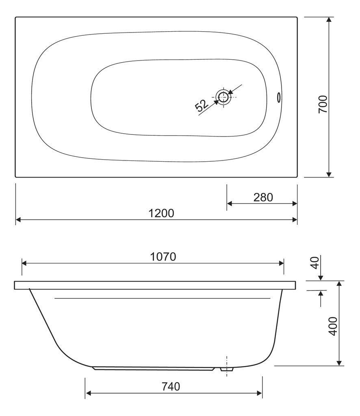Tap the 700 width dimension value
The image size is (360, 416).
coord(323,104)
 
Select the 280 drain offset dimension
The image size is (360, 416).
coord(263,197)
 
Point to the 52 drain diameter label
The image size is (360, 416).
coord(202,106)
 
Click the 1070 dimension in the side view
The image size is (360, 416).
coord(163,257)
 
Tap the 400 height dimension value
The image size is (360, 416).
coord(333,325)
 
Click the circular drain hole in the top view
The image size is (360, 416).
coord(222,97)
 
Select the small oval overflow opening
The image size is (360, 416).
coord(279,97)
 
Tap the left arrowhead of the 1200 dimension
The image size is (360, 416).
coord(18,220)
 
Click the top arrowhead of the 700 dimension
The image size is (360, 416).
coord(329,20)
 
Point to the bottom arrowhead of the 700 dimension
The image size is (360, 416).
coord(329,174)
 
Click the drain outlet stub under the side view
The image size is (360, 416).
coord(226,370)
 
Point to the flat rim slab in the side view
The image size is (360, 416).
coord(154,285)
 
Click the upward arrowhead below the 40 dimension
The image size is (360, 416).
coord(321,293)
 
